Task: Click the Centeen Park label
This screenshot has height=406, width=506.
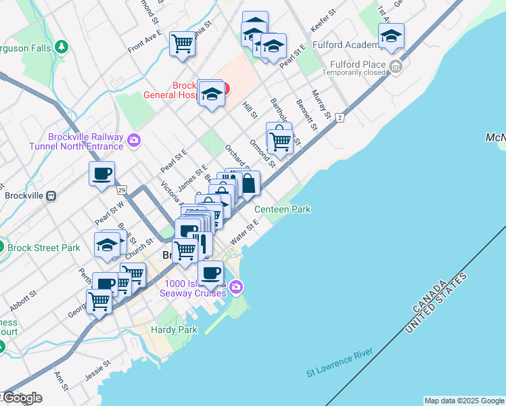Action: [x=282, y=209]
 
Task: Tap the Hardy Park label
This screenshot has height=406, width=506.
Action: [x=174, y=330]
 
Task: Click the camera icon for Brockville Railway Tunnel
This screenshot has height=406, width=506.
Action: [x=134, y=140]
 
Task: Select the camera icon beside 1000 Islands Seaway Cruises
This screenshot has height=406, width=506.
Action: [x=235, y=287]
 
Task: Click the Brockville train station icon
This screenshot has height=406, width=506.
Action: [x=51, y=195]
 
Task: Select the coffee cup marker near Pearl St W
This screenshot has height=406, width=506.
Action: [x=101, y=173]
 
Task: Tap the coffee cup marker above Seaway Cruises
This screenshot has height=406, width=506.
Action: [x=210, y=273]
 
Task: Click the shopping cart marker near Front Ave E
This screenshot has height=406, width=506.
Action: [x=182, y=43]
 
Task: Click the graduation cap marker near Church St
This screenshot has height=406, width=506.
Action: [x=107, y=244]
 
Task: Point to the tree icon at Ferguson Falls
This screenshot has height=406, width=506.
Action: [x=62, y=46]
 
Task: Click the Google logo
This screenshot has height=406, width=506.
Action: [x=22, y=397]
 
